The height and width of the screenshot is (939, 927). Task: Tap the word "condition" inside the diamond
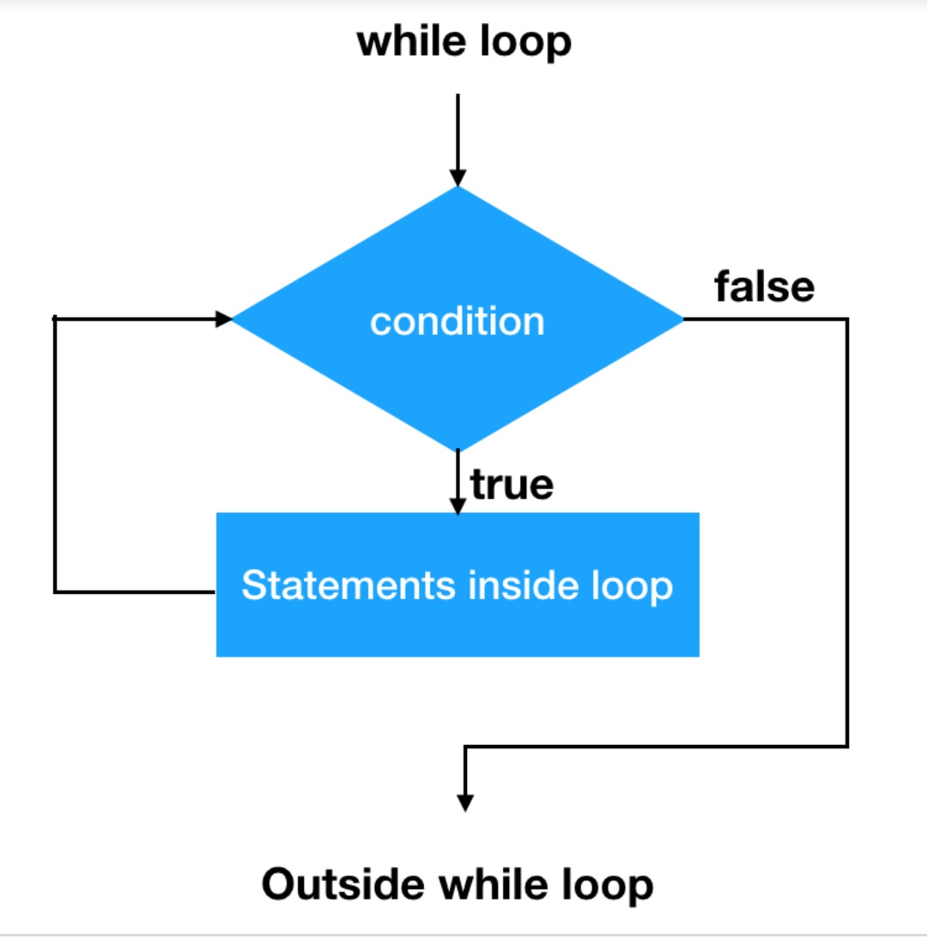coord(457,322)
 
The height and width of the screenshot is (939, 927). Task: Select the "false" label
coord(764,287)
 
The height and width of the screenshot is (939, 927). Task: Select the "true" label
coord(512,485)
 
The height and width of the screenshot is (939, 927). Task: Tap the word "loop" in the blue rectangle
coord(633,586)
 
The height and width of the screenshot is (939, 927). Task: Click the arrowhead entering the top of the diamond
coord(458,177)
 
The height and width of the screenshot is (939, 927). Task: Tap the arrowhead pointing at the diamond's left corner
coord(224,319)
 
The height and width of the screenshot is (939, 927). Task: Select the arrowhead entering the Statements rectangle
coord(458,506)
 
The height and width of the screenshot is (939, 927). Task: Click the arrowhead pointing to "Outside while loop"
coord(465,803)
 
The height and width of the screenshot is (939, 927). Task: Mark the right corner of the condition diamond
coord(683,319)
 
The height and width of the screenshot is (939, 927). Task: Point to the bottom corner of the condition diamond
coord(458,449)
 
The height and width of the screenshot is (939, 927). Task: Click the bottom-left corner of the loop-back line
coord(55,591)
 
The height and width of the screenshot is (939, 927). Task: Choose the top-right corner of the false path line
coord(847,319)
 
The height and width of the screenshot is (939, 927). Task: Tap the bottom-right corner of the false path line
coord(847,746)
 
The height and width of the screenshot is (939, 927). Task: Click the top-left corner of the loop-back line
coord(55,319)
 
